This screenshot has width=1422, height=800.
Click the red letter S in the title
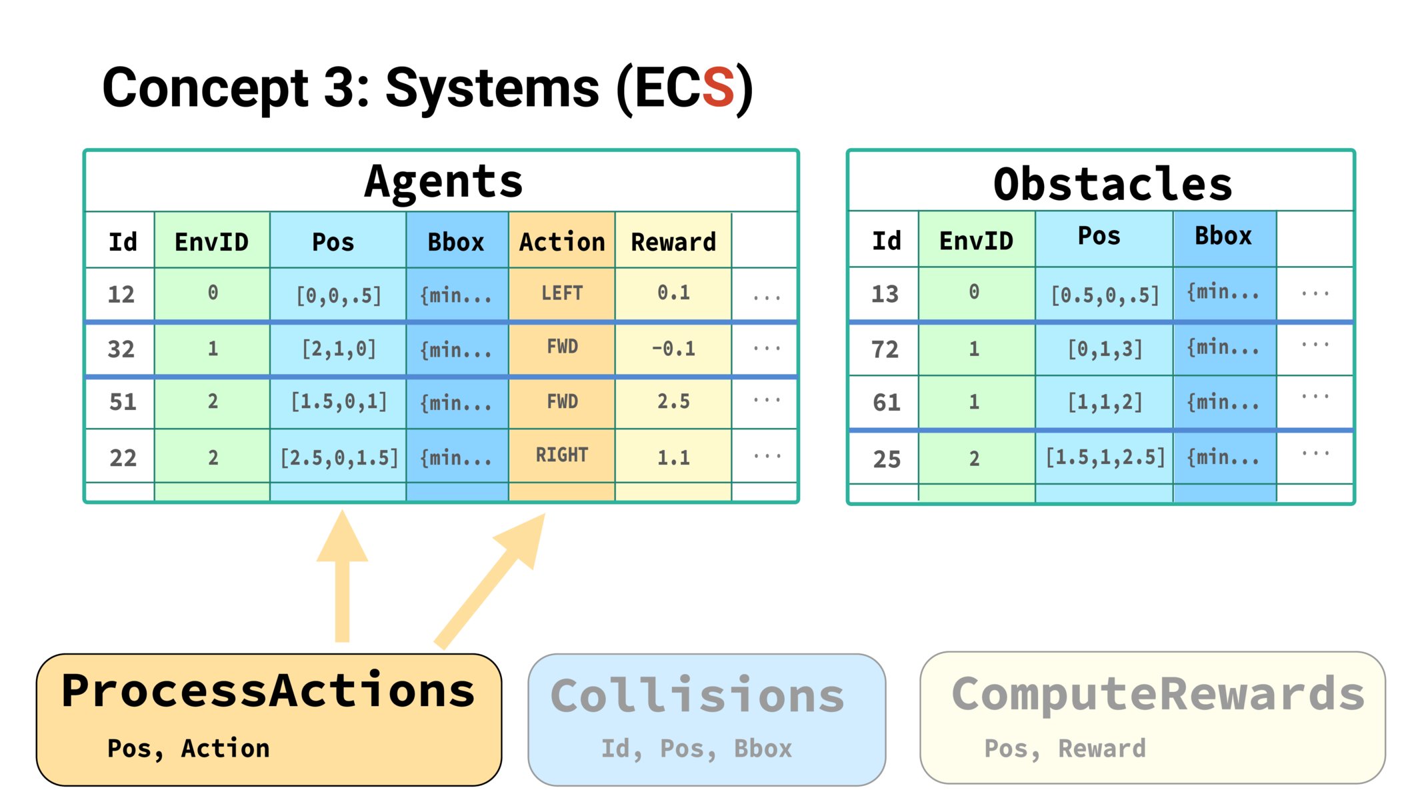[x=717, y=87]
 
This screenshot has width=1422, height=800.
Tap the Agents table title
[x=443, y=181]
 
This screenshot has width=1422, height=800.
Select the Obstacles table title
[x=1113, y=184]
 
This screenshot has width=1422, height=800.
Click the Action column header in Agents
[x=562, y=241]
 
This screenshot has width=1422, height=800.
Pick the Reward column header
[x=673, y=241]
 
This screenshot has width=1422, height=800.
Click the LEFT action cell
[x=562, y=293]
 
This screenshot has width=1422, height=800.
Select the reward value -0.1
[x=673, y=348]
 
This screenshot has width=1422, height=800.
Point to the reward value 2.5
[x=673, y=401]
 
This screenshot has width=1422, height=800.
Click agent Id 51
[x=123, y=402]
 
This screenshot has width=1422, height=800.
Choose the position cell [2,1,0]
[x=339, y=349]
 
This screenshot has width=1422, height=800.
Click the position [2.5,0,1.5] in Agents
[x=339, y=457]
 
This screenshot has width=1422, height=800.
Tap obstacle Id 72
[x=885, y=349]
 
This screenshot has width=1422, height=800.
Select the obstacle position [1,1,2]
[x=1105, y=402]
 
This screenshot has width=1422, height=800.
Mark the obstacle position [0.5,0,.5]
[x=1105, y=294]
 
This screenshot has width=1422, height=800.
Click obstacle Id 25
[x=887, y=459]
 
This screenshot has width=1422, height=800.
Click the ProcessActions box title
[x=268, y=691]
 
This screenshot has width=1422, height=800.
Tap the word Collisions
[x=697, y=696]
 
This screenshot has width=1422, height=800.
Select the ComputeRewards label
[x=1158, y=695]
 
